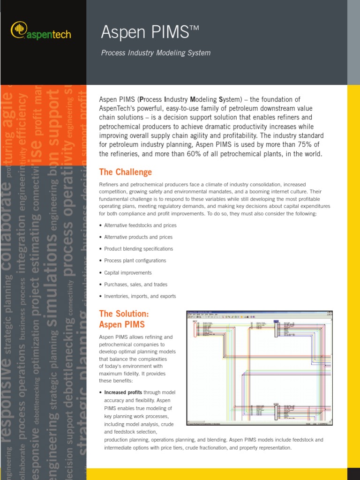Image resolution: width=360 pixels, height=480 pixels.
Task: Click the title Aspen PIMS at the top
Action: [x=150, y=32]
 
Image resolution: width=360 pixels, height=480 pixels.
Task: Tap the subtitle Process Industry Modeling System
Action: [x=156, y=53]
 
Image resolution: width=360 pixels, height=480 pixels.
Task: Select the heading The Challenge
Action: [x=125, y=172]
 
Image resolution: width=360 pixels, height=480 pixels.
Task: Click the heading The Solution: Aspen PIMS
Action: [x=124, y=319]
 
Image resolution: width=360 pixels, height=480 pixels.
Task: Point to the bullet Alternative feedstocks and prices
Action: [x=140, y=225]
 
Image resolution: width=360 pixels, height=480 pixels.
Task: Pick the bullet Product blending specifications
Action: [x=138, y=249]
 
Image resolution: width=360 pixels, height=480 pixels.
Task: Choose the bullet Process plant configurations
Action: [x=135, y=261]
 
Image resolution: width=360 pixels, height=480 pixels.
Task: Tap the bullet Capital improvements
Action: [x=127, y=273]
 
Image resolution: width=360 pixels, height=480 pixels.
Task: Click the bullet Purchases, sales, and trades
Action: [x=135, y=285]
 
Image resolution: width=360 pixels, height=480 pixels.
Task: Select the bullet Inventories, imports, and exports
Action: [x=140, y=296]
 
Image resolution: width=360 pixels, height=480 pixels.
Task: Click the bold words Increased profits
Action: [x=123, y=392]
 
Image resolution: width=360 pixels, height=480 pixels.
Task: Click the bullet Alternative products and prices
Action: [x=138, y=237]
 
